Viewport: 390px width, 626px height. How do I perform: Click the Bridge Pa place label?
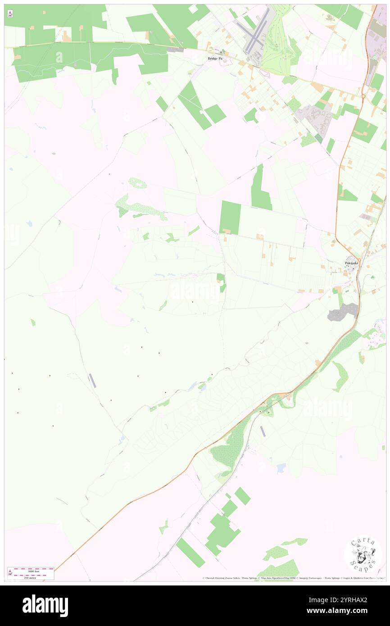pyautogui.click(x=215, y=59)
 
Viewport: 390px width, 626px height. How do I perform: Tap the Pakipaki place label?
pyautogui.click(x=350, y=263)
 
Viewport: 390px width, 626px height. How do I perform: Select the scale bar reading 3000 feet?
pyautogui.click(x=31, y=571)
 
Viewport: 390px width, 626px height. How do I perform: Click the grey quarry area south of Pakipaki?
pyautogui.click(x=344, y=312)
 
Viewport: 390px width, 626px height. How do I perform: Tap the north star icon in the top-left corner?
pyautogui.click(x=10, y=14)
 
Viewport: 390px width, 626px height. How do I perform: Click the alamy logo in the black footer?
pyautogui.click(x=45, y=606)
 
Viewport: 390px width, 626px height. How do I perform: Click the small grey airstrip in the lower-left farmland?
pyautogui.click(x=92, y=381)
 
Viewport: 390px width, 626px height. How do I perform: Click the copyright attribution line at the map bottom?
pyautogui.click(x=293, y=578)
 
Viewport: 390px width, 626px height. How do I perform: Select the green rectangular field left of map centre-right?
pyautogui.click(x=230, y=217)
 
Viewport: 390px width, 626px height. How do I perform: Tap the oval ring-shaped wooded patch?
pyautogui.click(x=137, y=183)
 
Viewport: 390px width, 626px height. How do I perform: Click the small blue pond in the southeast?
pyautogui.click(x=281, y=468)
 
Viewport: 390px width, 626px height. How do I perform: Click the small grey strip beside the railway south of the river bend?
pyautogui.click(x=263, y=431)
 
